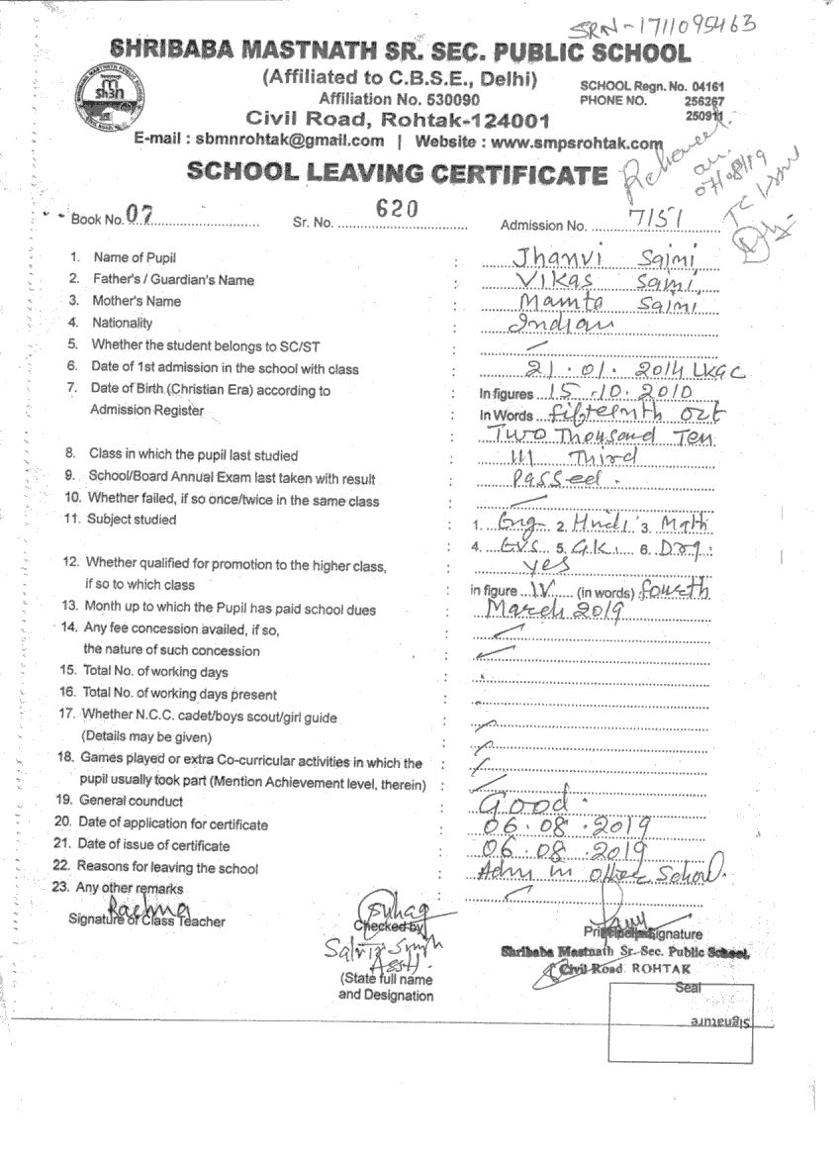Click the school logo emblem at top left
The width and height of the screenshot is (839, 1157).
[x=108, y=95]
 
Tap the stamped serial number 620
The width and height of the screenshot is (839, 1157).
[x=398, y=208]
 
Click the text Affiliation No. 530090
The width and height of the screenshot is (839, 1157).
[x=400, y=99]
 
